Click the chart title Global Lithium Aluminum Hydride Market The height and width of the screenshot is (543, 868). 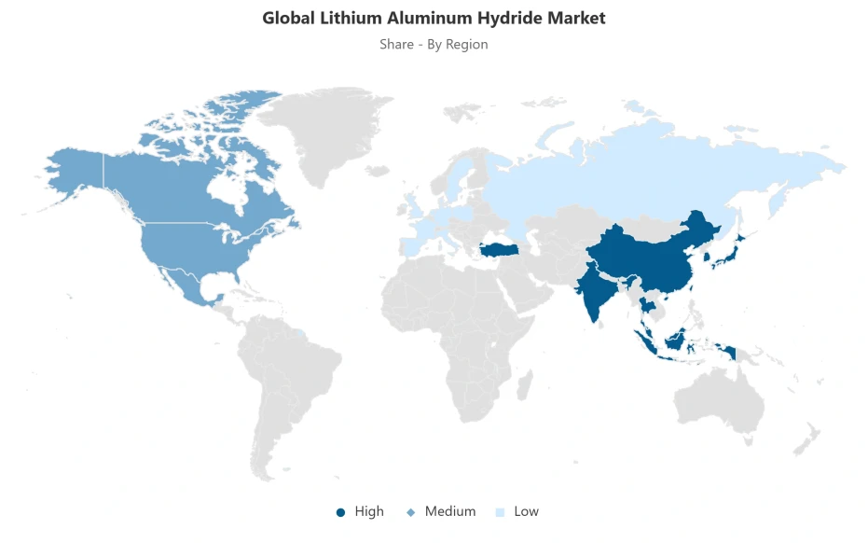coord(434,18)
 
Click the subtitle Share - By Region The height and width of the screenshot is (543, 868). coord(434,44)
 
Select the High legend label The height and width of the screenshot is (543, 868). coord(369,511)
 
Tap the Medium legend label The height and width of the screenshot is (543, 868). coord(450,511)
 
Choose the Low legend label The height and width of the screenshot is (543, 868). coord(526,511)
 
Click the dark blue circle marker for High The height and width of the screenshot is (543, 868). coord(340,512)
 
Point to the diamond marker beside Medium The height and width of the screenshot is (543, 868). coord(410,512)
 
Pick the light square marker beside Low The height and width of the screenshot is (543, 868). coord(501,512)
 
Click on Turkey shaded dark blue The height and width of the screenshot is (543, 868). coord(502,250)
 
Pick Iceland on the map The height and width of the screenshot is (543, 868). coord(378,172)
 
